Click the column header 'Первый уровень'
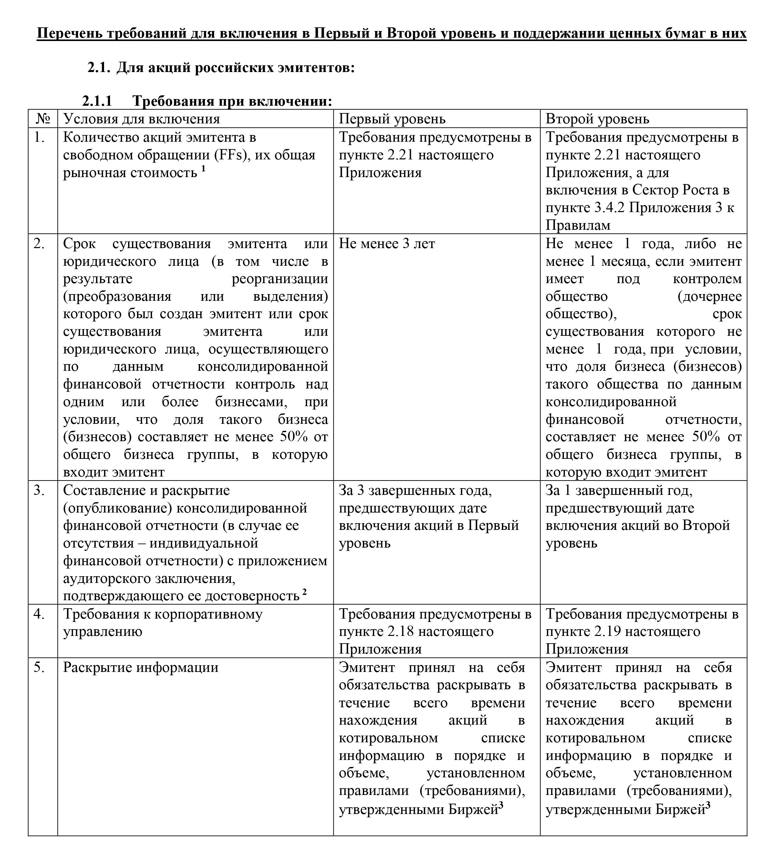392,119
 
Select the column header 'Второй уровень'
597,119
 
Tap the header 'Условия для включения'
141,119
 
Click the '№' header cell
43,119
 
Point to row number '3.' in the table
39,491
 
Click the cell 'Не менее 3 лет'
387,244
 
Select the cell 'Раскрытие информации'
140,668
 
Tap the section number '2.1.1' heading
97,101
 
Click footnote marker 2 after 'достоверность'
304,592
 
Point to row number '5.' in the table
39,668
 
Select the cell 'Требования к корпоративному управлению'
163,623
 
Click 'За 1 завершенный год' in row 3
619,491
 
